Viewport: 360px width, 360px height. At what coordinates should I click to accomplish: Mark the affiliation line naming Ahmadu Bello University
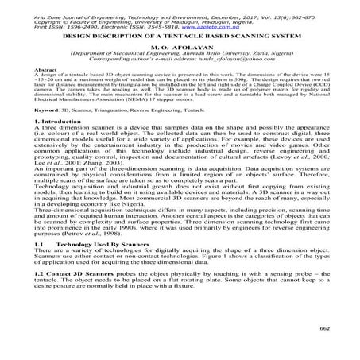click(x=181, y=53)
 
